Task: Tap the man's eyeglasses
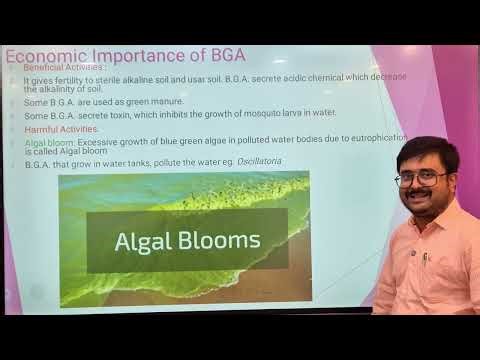click(420, 179)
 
